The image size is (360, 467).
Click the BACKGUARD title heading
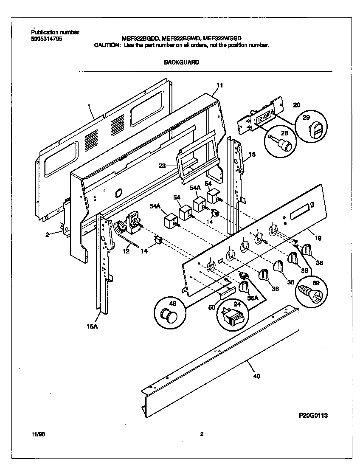(x=181, y=62)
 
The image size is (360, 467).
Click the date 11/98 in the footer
(x=37, y=434)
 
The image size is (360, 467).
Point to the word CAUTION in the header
(x=107, y=45)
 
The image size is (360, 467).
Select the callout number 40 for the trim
(x=256, y=376)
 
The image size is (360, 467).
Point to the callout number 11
(x=219, y=85)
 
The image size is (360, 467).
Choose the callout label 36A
(x=253, y=298)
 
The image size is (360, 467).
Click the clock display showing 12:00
(x=264, y=116)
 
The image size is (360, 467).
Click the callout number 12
(x=126, y=252)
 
